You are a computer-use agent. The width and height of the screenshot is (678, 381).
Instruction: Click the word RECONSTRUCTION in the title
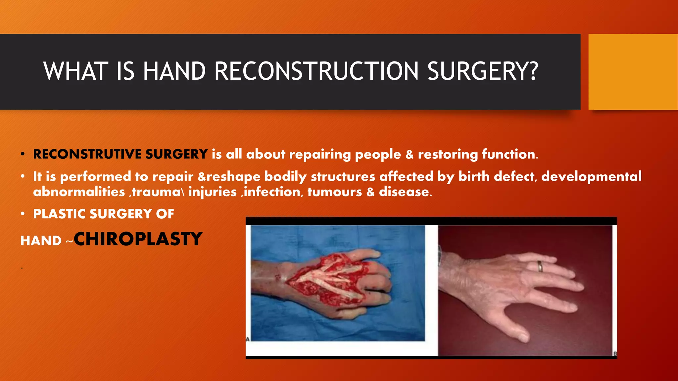[316, 71]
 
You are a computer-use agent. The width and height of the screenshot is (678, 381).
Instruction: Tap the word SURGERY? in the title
[483, 71]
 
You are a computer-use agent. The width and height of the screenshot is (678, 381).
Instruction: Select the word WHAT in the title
[76, 71]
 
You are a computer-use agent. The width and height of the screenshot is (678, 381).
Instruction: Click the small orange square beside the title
[633, 72]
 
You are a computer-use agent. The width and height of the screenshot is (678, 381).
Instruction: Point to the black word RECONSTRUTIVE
[87, 154]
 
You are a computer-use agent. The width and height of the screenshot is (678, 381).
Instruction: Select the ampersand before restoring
[410, 154]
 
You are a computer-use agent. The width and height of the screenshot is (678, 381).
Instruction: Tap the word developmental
[591, 176]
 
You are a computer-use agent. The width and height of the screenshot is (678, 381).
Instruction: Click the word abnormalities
[79, 192]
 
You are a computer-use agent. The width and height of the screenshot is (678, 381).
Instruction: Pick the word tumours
[334, 192]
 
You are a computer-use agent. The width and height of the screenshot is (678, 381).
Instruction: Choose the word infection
[272, 192]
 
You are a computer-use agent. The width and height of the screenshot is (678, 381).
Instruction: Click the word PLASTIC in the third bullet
[59, 214]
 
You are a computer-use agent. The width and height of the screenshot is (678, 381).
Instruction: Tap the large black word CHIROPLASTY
[138, 239]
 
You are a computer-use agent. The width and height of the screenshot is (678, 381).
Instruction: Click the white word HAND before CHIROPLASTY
[41, 241]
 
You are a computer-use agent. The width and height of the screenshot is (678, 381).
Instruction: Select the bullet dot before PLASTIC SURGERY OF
[23, 214]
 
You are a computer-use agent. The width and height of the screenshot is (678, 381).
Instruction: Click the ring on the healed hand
[540, 266]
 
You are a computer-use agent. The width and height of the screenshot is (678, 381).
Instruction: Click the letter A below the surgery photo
[248, 339]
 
